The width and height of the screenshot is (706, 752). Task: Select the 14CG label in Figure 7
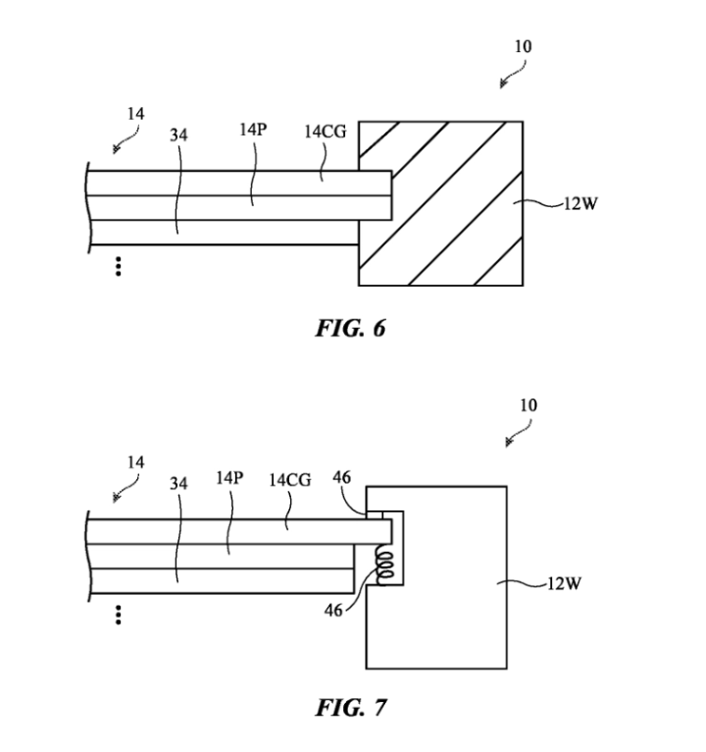289,480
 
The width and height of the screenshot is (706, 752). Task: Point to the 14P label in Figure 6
252,130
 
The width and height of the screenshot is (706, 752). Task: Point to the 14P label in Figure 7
229,478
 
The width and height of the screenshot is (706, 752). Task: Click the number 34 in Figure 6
178,134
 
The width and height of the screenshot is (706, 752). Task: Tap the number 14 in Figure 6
134,113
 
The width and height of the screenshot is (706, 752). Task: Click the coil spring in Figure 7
383,565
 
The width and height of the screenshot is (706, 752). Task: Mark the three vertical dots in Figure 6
118,266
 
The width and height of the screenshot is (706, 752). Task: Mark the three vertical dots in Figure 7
118,616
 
